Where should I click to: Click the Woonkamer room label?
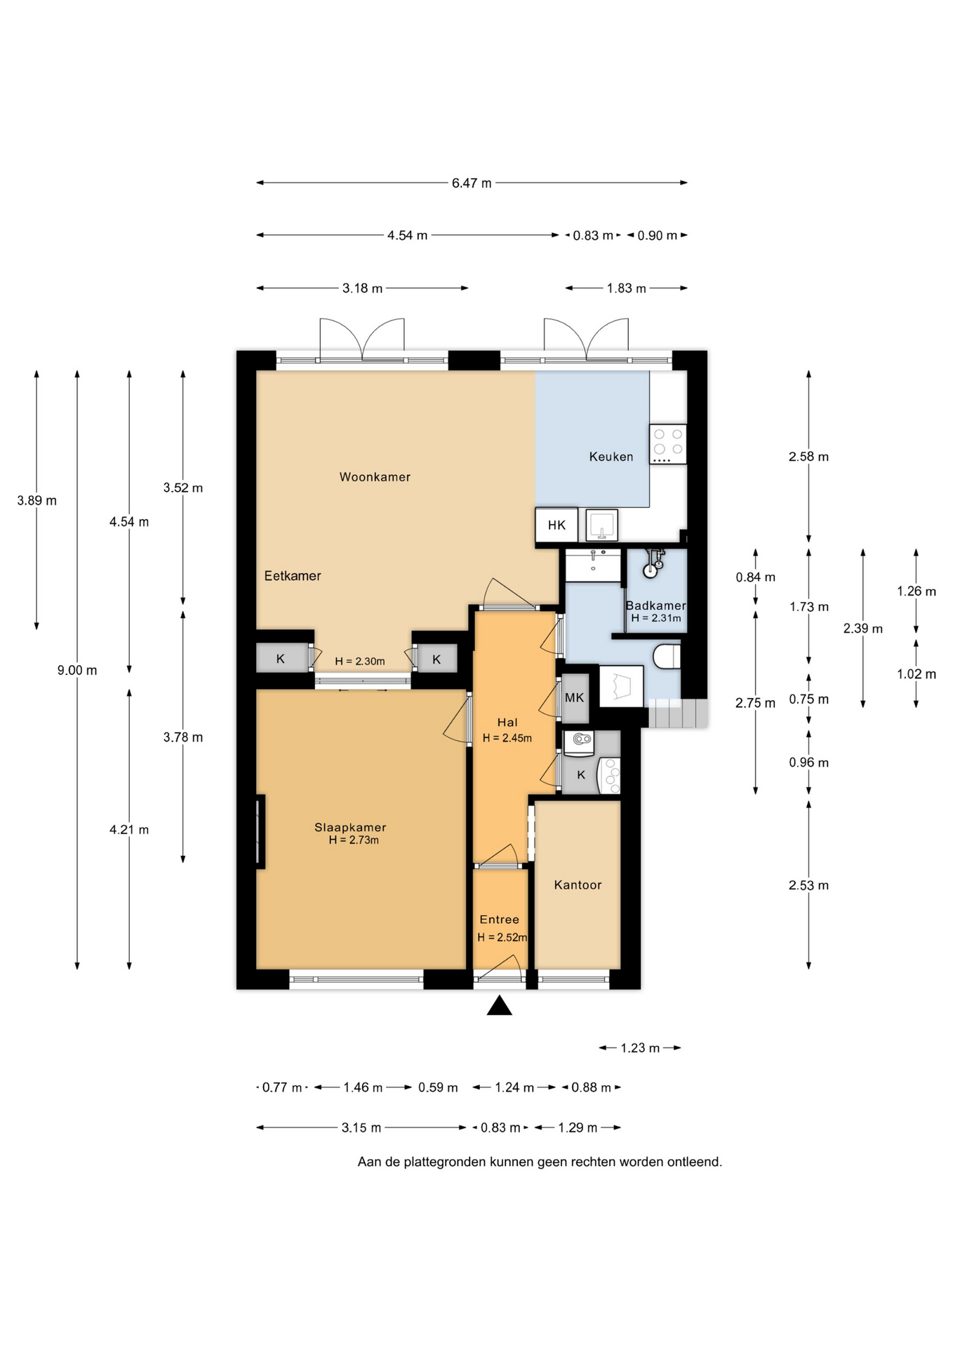click(375, 477)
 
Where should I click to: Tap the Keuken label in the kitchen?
click(611, 457)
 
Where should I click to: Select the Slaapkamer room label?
click(350, 828)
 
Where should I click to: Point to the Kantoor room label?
click(578, 885)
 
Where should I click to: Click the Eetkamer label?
click(293, 576)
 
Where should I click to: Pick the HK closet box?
click(557, 525)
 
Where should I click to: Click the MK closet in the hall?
click(575, 698)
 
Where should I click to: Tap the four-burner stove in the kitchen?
click(667, 444)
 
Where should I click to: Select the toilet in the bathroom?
click(667, 657)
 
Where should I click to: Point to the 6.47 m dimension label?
click(472, 183)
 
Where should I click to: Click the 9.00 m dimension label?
click(77, 671)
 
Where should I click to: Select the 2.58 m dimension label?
click(808, 457)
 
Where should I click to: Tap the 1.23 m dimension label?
click(640, 1048)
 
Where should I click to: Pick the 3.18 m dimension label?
click(363, 288)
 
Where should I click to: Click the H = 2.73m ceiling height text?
click(354, 840)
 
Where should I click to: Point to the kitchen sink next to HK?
click(602, 525)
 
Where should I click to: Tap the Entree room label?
click(500, 920)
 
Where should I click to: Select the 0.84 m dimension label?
click(756, 577)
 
